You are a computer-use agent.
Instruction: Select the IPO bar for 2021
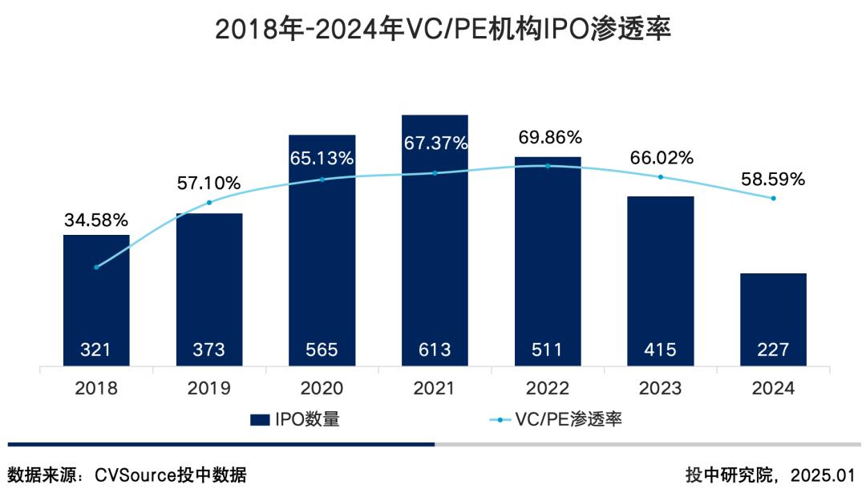click(435, 240)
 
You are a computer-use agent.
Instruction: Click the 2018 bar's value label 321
click(96, 350)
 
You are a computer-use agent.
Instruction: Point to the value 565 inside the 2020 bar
click(322, 350)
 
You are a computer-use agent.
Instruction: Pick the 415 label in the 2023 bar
click(660, 350)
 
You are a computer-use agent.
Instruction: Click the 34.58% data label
click(96, 219)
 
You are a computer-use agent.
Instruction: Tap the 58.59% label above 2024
click(773, 180)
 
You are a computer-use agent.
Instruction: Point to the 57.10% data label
click(208, 183)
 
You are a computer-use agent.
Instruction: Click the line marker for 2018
click(96, 267)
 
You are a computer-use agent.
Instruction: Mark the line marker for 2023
click(661, 176)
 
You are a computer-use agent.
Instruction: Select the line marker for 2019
click(209, 202)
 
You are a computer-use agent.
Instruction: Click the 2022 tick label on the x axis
click(548, 388)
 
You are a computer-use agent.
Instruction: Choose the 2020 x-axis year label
click(322, 388)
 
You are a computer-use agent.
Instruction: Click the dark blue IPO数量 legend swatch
click(259, 419)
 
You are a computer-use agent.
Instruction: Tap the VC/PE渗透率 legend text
click(570, 419)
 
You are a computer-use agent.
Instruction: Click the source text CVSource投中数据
click(171, 475)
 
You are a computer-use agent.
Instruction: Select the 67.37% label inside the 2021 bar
click(435, 143)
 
